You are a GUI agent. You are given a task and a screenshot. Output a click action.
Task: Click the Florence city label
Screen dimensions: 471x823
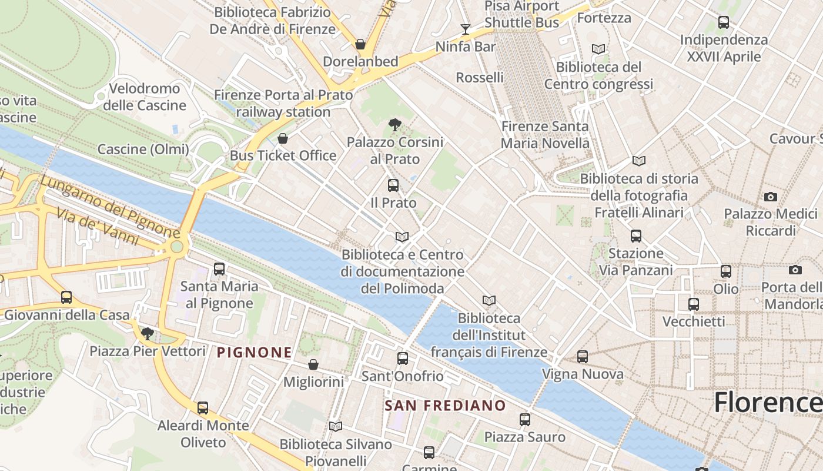767,403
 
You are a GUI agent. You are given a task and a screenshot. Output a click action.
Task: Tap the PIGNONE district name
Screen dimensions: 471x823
255,353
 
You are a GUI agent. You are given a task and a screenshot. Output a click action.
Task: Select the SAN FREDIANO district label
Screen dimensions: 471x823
445,405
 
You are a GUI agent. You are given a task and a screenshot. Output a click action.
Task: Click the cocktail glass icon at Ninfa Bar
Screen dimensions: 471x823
466,29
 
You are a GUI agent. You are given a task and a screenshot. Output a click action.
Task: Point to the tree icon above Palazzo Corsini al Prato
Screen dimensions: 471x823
395,124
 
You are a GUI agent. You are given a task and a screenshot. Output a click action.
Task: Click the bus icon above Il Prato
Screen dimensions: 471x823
393,185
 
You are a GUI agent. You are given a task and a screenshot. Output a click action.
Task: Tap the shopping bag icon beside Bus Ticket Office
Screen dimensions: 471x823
283,139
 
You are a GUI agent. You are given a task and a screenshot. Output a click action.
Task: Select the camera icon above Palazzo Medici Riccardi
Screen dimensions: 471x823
771,197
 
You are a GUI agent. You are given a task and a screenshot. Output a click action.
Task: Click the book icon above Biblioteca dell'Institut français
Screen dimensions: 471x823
489,301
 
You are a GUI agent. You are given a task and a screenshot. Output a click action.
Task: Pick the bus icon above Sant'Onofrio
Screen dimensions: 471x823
403,358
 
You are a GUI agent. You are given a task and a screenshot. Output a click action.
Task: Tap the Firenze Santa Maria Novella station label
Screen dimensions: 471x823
544,135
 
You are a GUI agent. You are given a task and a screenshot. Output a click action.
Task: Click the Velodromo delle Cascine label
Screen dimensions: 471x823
144,97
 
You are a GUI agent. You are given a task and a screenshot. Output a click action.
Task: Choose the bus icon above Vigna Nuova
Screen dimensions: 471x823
583,357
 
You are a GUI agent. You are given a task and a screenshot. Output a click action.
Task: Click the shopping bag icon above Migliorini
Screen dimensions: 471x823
313,365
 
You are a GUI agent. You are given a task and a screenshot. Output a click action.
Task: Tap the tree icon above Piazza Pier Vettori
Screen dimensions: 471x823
148,334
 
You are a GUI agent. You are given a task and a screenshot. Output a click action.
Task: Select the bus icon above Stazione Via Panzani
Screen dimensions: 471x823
636,236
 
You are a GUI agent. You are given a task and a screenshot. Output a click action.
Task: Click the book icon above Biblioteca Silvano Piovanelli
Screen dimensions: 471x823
336,426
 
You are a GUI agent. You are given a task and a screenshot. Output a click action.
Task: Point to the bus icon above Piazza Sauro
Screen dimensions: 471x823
525,420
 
